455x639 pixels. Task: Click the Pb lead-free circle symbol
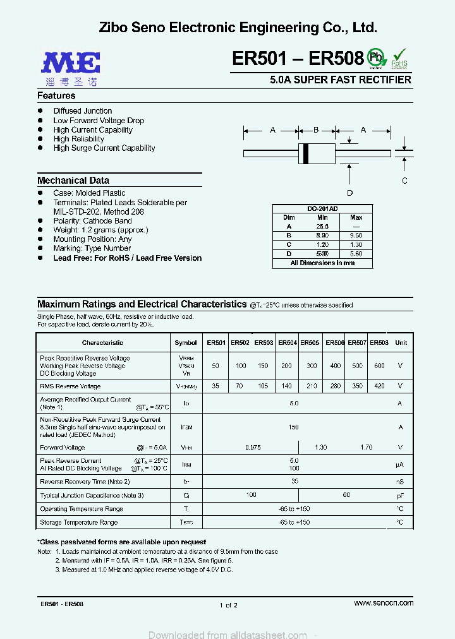point(377,57)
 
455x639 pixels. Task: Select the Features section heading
point(56,96)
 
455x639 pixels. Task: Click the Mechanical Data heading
point(73,181)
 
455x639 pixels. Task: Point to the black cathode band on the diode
point(306,153)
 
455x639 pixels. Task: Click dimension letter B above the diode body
point(316,130)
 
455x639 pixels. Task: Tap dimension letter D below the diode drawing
point(349,193)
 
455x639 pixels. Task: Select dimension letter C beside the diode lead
point(404,181)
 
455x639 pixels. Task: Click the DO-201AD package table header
point(322,208)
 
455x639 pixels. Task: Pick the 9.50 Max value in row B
point(356,235)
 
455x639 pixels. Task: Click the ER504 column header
point(288,343)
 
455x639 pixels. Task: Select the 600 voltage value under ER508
point(379,366)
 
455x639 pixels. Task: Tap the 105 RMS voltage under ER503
point(264,386)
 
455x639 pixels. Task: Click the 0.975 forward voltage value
point(252,447)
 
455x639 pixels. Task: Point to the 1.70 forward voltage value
point(367,447)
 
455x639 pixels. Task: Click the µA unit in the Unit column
point(399,464)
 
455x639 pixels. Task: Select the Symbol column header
point(186,343)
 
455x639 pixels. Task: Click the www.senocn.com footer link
point(384,603)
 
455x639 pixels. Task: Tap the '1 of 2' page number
point(228,605)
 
